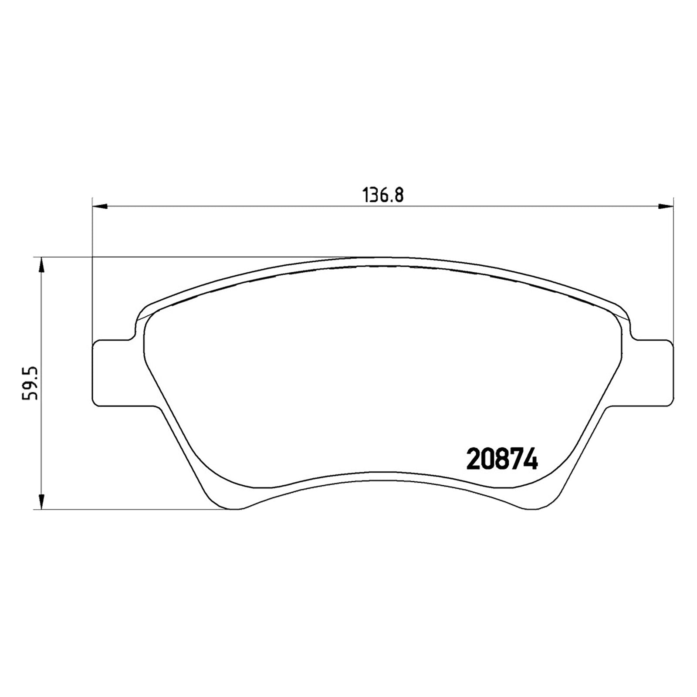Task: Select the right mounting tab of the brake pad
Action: coord(649,373)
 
